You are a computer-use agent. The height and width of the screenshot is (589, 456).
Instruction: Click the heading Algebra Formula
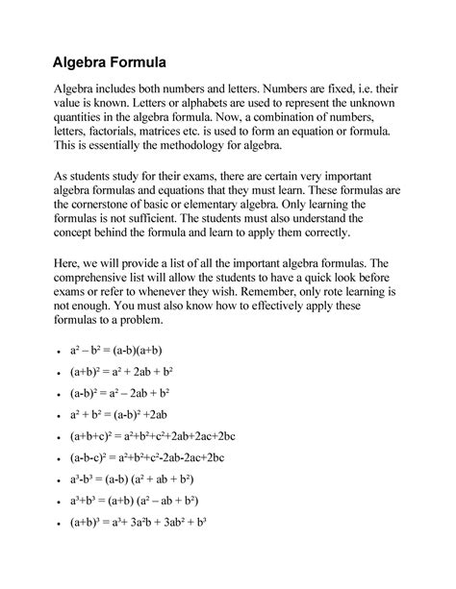tap(111, 63)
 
